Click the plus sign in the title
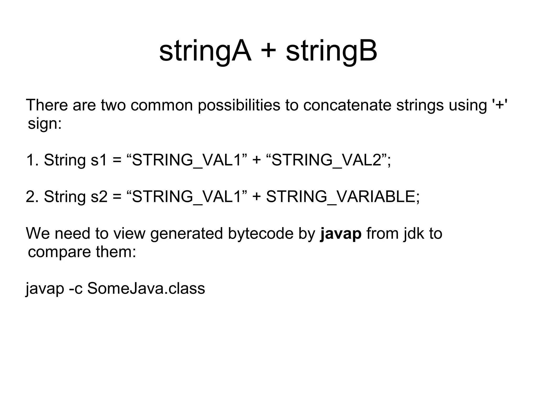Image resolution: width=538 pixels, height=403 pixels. pos(269,51)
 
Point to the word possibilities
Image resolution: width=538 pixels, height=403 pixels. pos(239,105)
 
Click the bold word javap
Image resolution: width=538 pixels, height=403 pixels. pos(341,233)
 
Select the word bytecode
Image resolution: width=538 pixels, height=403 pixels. pos(260,233)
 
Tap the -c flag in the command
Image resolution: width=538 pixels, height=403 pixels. pos(75,288)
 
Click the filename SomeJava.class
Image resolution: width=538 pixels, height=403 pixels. pos(146,288)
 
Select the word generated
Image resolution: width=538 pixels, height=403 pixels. pos(186,233)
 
